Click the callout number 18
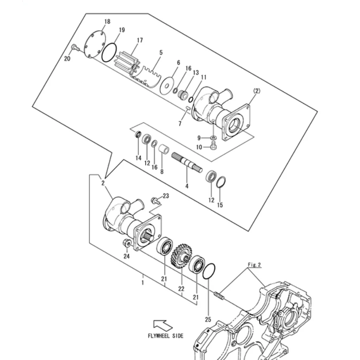point(107,21)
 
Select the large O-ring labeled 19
point(109,52)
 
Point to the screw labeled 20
point(75,47)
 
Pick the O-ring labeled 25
point(209,272)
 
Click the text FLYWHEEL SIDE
point(166,336)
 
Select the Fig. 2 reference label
point(255,265)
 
